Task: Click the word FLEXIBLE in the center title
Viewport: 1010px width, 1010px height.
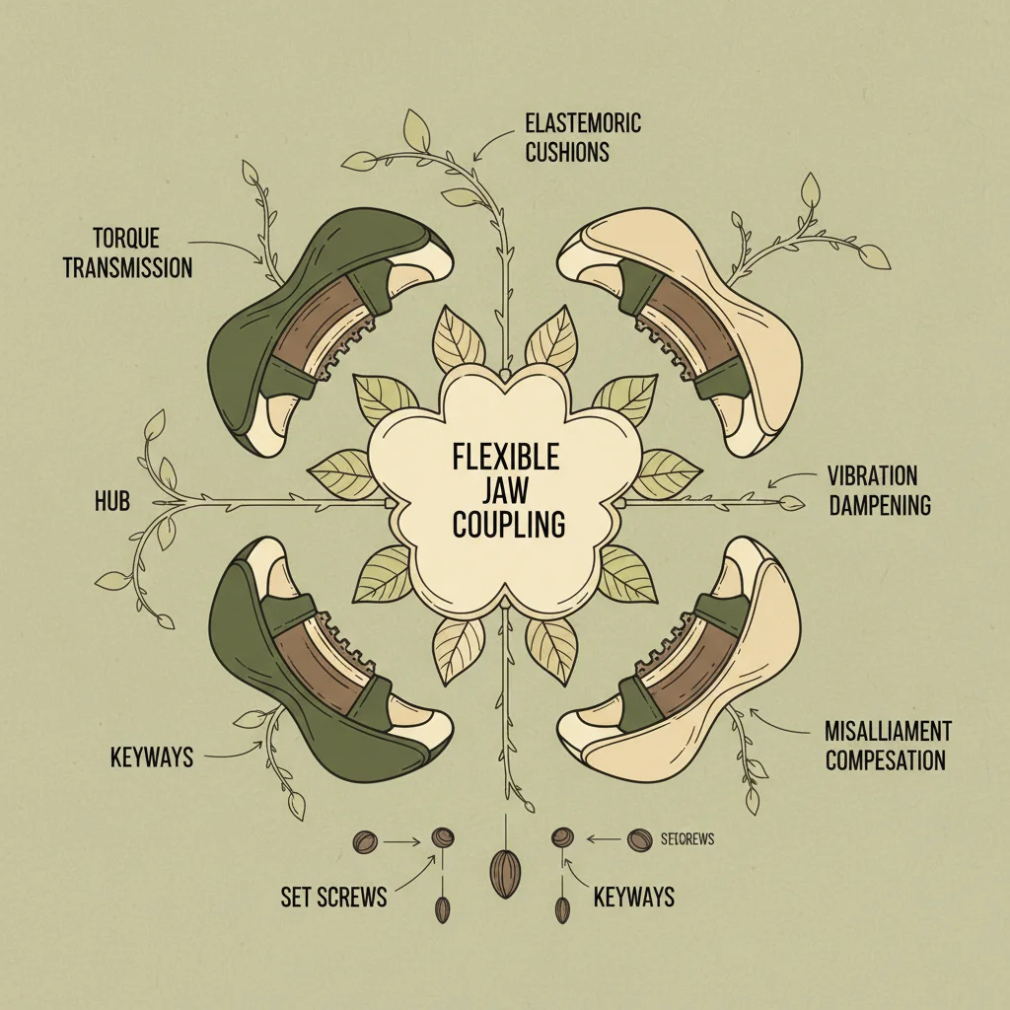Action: point(506,458)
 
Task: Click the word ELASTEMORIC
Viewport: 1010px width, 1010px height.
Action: point(582,124)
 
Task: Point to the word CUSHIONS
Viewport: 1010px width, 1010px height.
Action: point(567,152)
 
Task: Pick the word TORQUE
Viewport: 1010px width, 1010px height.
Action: point(126,239)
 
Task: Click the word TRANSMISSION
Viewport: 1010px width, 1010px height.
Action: point(127,267)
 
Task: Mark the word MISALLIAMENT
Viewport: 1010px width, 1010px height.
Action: point(888,732)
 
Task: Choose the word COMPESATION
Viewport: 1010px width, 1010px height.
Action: point(886,760)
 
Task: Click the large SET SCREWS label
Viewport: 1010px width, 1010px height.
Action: point(333,898)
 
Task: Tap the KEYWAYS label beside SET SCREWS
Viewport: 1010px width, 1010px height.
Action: point(633,897)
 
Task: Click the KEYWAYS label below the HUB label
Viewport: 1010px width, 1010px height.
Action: point(151,758)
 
